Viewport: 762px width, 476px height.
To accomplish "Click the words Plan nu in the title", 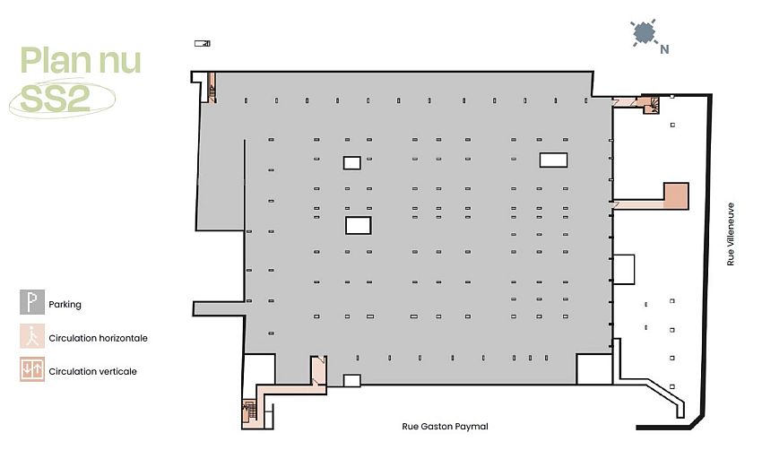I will coord(81,62).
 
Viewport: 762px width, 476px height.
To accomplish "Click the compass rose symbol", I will coord(643,34).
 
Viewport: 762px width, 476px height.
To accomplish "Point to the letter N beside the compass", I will coord(664,50).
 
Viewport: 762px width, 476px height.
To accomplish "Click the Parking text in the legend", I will coord(65,305).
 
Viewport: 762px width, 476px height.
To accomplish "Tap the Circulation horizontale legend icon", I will coord(31,337).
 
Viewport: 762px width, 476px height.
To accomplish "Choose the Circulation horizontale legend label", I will coord(98,339).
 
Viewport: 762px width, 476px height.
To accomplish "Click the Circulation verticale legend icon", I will coord(31,369).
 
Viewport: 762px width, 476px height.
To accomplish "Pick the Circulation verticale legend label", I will coord(92,371).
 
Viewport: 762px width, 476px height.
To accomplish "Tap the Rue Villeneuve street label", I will coord(731,233).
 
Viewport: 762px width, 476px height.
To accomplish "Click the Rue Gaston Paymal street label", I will coord(445,427).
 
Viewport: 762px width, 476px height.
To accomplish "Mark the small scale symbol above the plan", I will coord(202,43).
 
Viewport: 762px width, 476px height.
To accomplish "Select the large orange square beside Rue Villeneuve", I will coord(676,195).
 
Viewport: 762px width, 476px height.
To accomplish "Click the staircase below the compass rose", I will coord(651,107).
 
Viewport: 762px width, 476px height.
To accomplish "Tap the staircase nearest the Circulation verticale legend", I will coord(248,411).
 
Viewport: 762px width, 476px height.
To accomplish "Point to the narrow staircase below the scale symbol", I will coord(212,88).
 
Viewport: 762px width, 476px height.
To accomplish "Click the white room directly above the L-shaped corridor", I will coord(259,369).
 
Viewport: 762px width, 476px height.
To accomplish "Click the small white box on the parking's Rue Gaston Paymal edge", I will coord(352,381).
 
